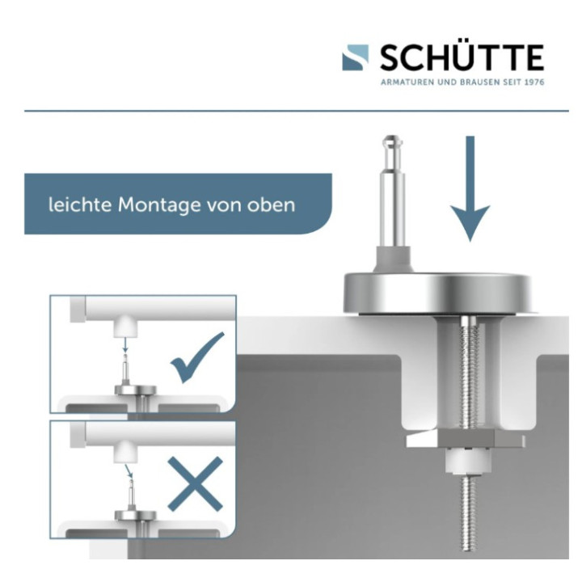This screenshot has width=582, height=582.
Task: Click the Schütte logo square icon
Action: tap(356, 57)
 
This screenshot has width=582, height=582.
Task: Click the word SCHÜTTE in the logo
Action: tap(461, 57)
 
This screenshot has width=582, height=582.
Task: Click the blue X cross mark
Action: tap(195, 483)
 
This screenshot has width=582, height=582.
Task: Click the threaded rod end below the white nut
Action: tap(468, 517)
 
